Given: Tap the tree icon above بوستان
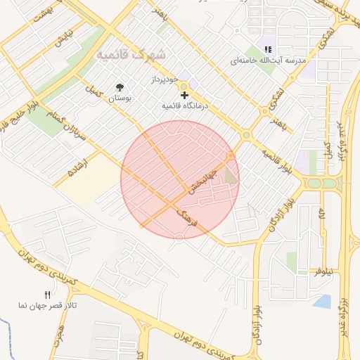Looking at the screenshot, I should (x=120, y=88).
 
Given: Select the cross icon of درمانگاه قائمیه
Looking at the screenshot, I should (x=185, y=95).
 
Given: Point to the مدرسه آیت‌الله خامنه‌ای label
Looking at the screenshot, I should (x=269, y=61).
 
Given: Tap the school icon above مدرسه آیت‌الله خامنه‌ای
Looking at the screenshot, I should (x=267, y=49).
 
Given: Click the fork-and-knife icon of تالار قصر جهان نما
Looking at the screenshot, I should (x=48, y=295).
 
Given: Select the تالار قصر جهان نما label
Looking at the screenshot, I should (x=43, y=306).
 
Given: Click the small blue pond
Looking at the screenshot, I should (x=322, y=302).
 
